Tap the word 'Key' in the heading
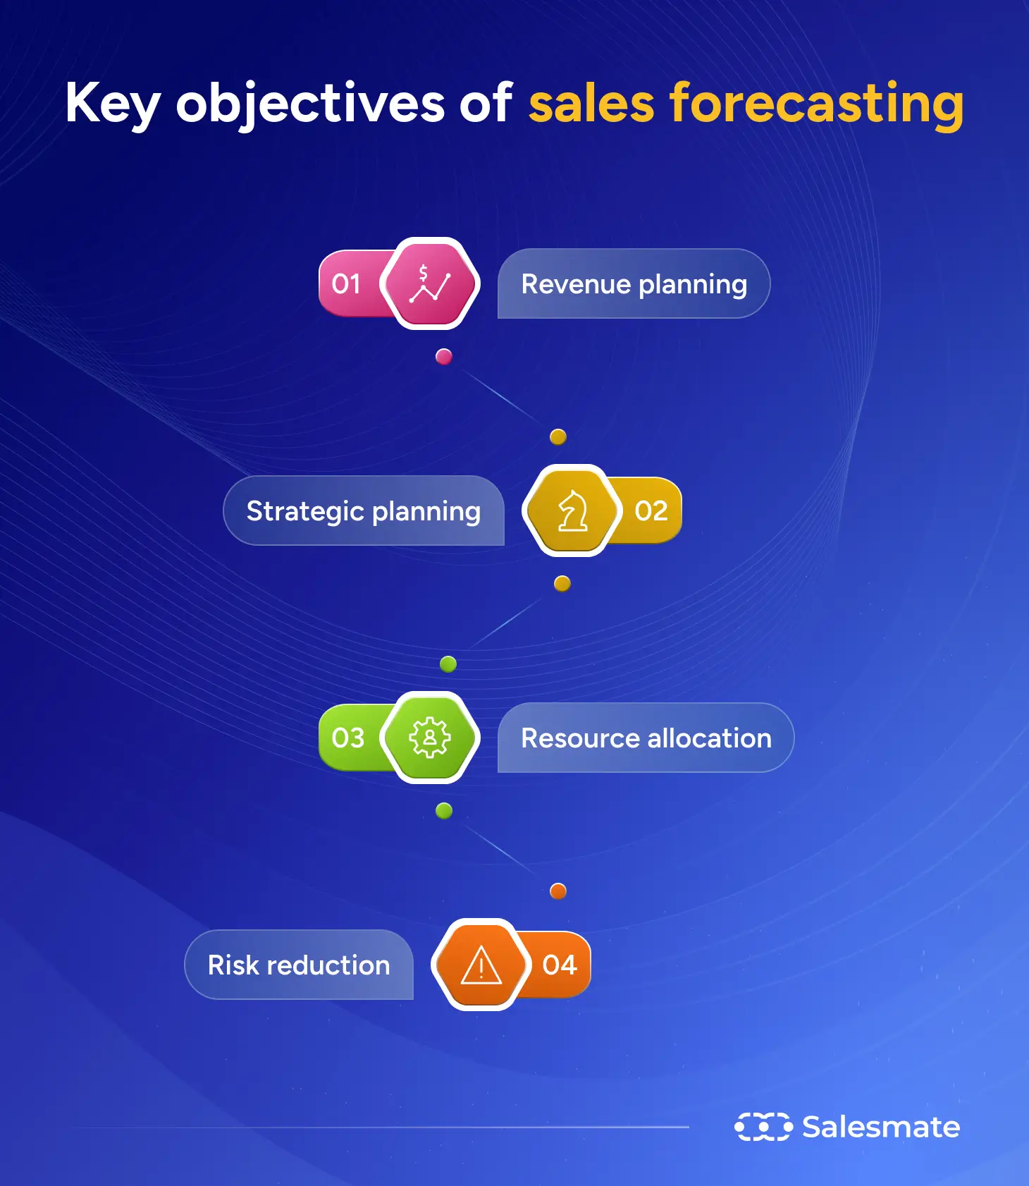pyautogui.click(x=113, y=104)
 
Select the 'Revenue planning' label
pyautogui.click(x=634, y=284)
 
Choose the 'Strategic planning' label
pyautogui.click(x=363, y=511)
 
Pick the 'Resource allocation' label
pyautogui.click(x=646, y=738)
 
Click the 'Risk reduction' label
pyautogui.click(x=299, y=965)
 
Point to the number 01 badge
pyautogui.click(x=346, y=284)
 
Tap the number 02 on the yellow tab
pyautogui.click(x=651, y=511)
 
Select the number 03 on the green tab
pyautogui.click(x=348, y=738)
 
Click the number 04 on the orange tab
pyautogui.click(x=560, y=965)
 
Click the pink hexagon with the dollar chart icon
pyautogui.click(x=430, y=284)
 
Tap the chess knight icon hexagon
pyautogui.click(x=572, y=511)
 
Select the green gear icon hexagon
pyautogui.click(x=430, y=738)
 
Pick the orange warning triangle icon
pyautogui.click(x=481, y=965)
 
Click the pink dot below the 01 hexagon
pyautogui.click(x=444, y=357)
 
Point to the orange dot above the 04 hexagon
pyautogui.click(x=558, y=891)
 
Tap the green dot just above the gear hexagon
pyautogui.click(x=448, y=664)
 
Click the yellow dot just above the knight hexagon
pyautogui.click(x=558, y=437)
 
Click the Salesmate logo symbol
pyautogui.click(x=763, y=1127)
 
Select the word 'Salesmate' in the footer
pyautogui.click(x=881, y=1127)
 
